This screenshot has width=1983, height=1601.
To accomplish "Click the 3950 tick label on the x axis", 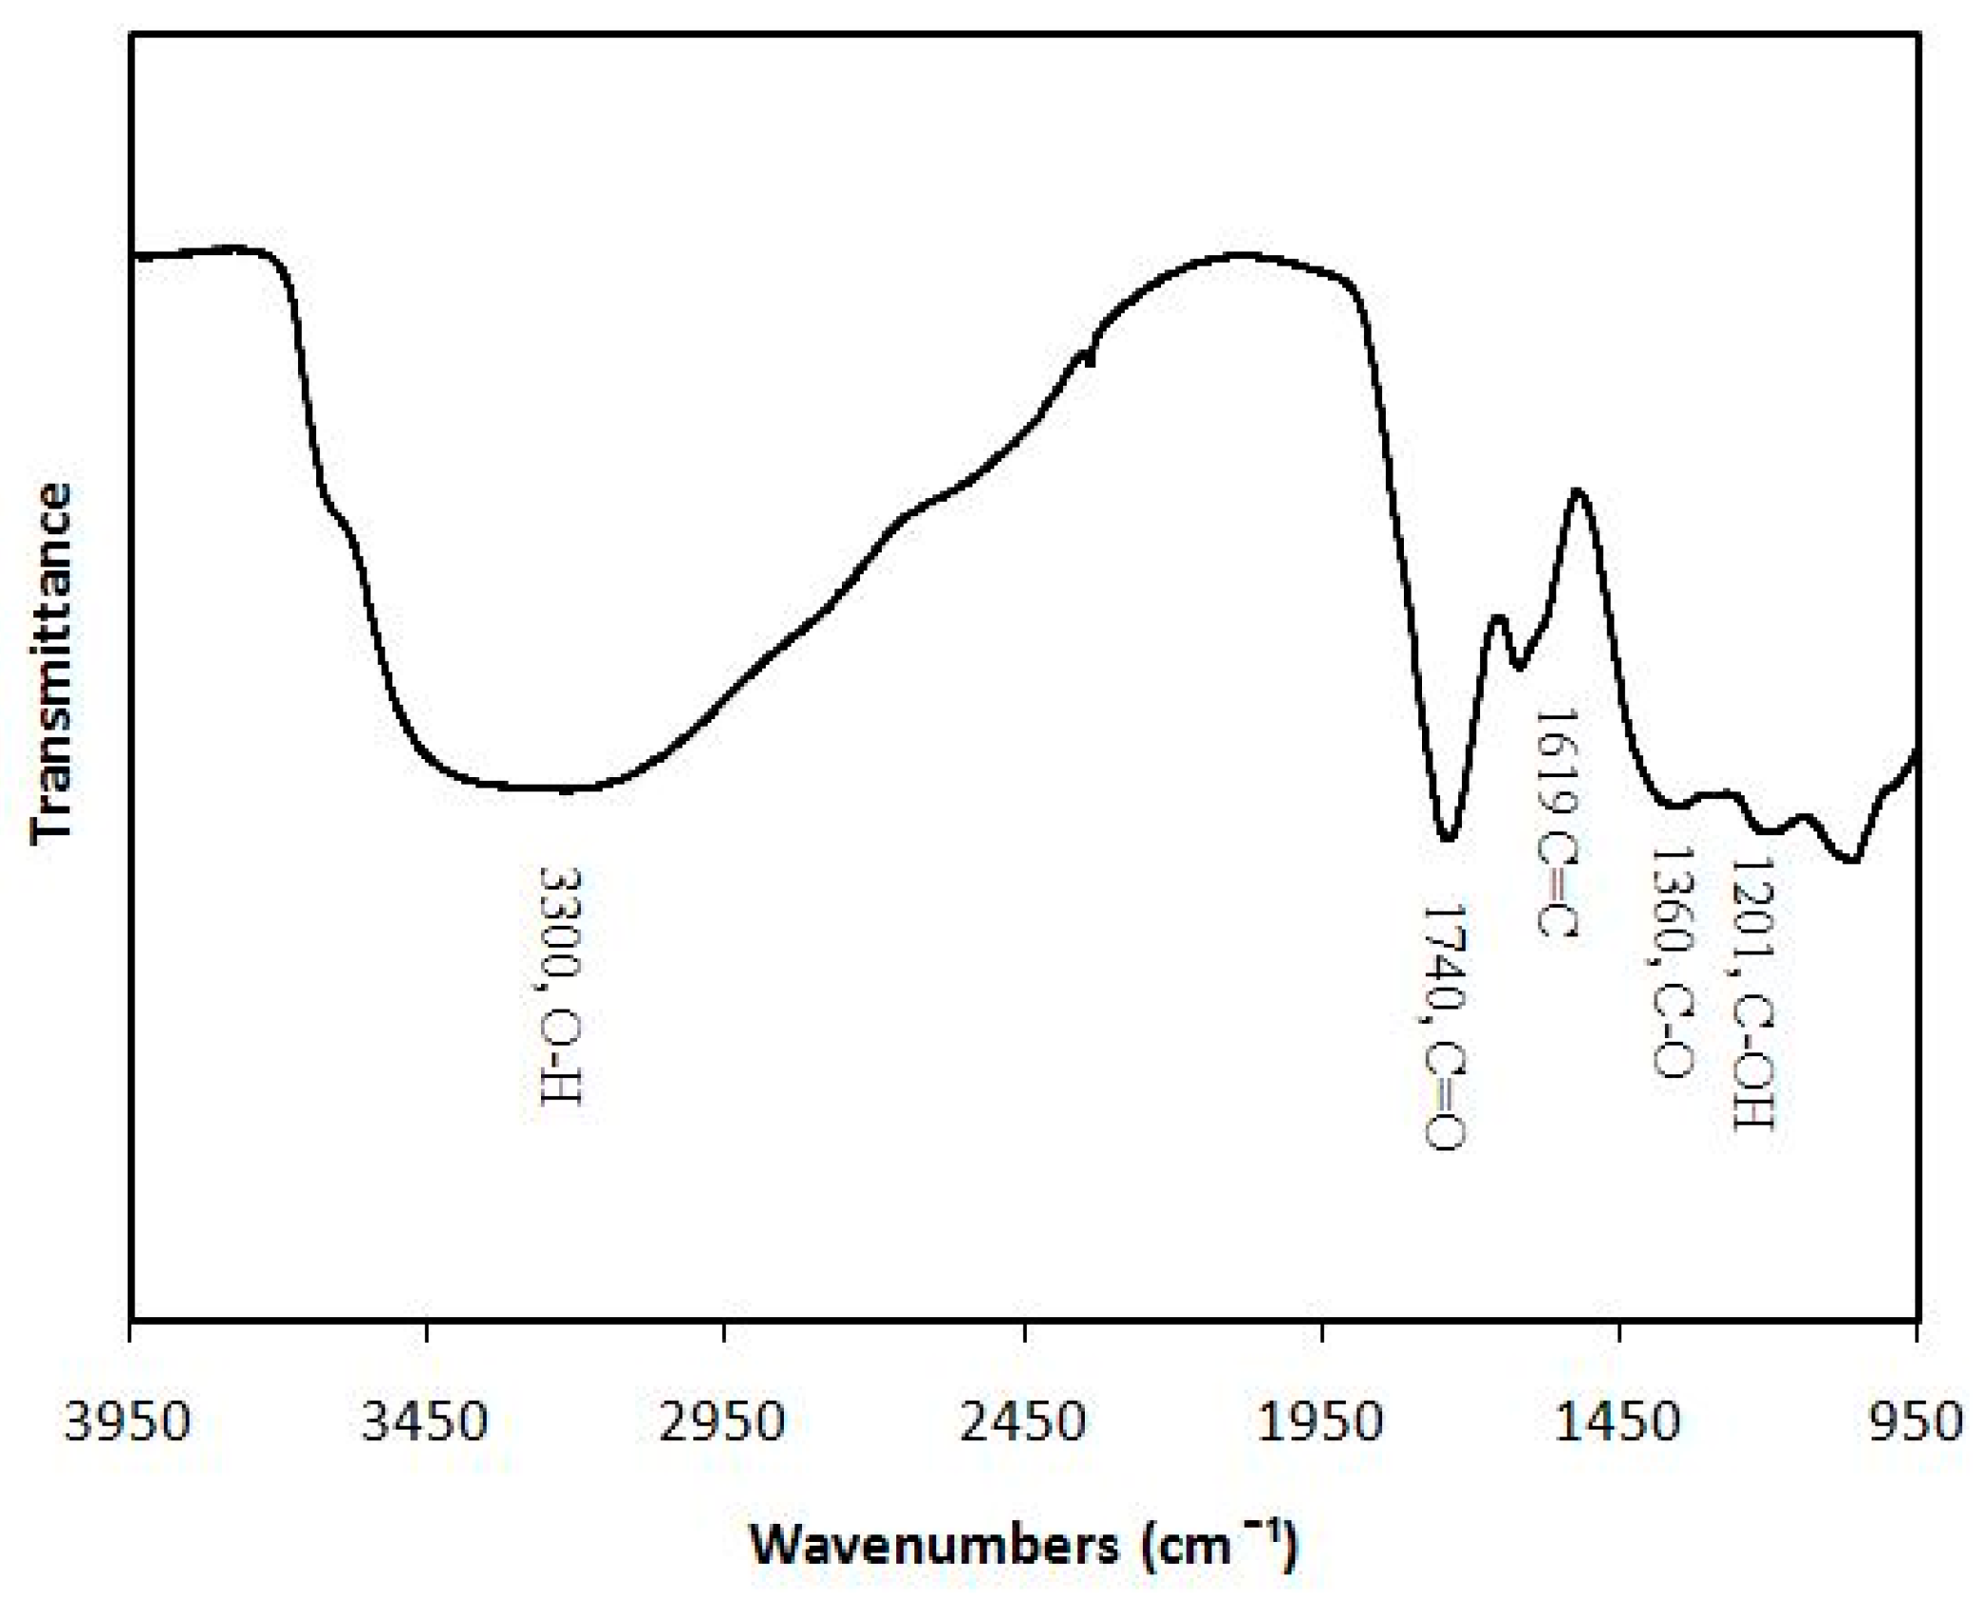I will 129,1422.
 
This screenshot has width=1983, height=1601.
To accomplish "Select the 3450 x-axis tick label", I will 426,1422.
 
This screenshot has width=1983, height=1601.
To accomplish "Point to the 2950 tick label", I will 724,1422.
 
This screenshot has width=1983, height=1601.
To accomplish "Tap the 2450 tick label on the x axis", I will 1024,1422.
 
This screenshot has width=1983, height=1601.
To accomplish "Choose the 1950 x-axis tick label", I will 1322,1422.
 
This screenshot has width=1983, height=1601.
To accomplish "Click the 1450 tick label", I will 1620,1422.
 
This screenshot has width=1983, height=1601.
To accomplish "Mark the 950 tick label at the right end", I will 1917,1422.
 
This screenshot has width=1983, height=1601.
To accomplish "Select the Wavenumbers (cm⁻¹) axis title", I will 1024,1545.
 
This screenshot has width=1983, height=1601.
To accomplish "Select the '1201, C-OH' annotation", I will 1751,991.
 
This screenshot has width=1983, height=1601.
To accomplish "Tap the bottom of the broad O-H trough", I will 566,790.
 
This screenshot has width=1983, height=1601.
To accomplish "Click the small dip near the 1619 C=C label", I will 1519,668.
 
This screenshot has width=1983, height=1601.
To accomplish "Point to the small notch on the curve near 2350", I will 1090,359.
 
